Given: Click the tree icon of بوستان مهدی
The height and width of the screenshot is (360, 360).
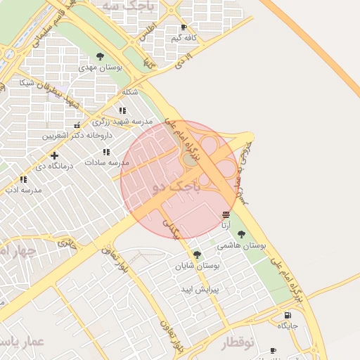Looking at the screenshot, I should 100,56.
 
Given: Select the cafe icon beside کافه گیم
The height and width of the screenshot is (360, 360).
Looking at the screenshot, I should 184,27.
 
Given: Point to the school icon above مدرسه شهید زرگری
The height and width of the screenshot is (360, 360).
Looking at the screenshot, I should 123,110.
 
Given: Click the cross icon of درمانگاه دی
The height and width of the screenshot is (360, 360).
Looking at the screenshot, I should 54,155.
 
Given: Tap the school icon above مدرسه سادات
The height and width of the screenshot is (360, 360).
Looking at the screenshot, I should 106,152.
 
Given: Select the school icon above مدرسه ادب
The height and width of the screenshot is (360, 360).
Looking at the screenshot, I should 24,179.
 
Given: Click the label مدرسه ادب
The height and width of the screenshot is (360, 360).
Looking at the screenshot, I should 24,190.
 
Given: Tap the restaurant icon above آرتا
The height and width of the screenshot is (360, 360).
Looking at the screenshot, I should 226,214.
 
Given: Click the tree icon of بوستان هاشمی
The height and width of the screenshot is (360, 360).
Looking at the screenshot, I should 242,234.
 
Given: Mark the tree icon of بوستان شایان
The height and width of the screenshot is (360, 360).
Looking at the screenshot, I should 197,255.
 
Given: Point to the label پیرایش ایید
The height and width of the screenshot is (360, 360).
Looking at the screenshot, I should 201,289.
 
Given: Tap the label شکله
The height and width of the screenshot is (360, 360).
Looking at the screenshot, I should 129,92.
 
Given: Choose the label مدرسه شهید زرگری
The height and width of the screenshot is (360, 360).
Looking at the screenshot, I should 122,122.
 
